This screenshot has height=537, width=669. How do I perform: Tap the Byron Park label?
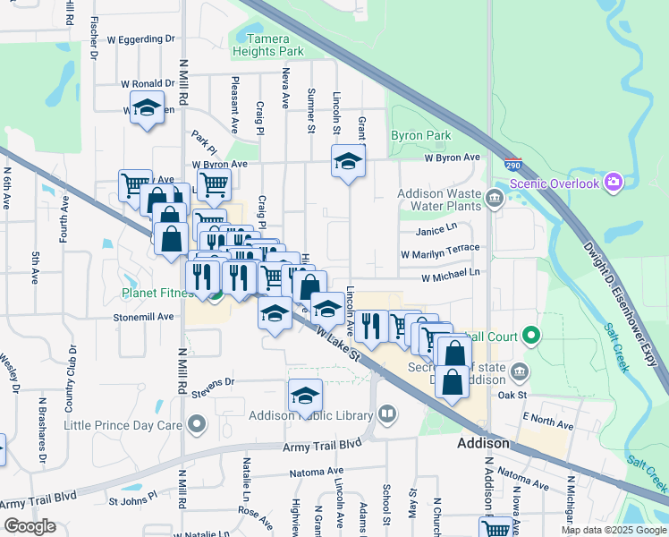[x=419, y=136]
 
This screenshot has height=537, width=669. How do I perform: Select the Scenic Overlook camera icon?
[x=614, y=183]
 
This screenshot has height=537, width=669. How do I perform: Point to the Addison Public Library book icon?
[x=387, y=413]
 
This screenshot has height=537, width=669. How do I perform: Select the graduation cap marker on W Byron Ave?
[x=348, y=161]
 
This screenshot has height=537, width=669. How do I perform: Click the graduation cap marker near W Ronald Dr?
[x=147, y=107]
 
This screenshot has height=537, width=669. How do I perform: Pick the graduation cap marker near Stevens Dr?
[x=305, y=395]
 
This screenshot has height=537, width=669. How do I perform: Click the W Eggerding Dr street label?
[x=140, y=39]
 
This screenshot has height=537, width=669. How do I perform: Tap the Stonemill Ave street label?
[x=143, y=317]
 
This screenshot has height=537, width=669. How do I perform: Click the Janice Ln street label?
[x=436, y=229]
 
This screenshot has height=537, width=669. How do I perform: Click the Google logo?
[x=30, y=526]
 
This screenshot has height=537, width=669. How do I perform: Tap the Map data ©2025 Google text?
[x=613, y=530]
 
